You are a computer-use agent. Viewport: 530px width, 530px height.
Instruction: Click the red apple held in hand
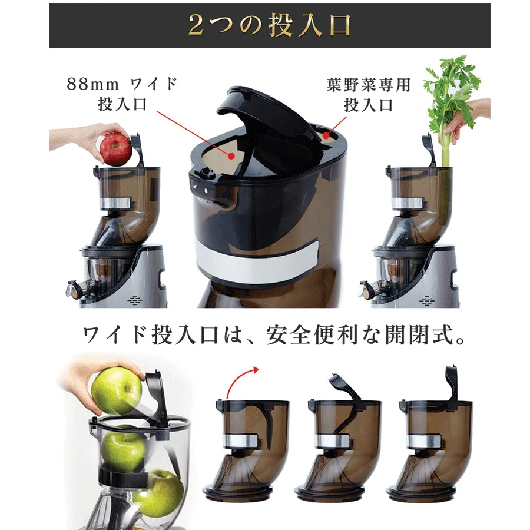pos(115,151)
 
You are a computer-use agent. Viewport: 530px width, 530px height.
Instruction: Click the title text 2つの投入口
pos(269,26)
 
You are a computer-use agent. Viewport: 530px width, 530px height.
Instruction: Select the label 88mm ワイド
pos(122,84)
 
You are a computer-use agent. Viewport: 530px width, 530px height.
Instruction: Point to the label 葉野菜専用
pos(368,84)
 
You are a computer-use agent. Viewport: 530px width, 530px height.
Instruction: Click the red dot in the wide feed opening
pos(231,156)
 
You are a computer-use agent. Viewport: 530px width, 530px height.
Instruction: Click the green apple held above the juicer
pos(117,390)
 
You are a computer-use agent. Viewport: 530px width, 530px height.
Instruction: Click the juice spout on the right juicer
pos(367,290)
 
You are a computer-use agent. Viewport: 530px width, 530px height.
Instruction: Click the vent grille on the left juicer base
pos(135,300)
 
